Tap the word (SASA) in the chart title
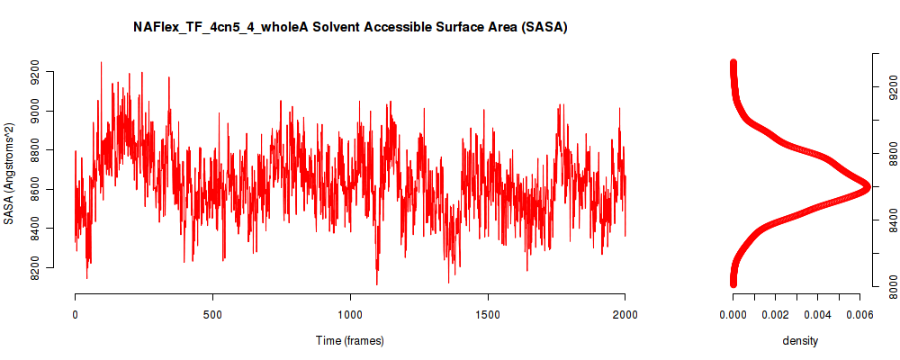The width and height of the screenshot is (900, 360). click(x=547, y=27)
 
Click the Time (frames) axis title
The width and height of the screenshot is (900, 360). click(x=349, y=340)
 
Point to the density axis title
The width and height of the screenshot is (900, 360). click(x=800, y=340)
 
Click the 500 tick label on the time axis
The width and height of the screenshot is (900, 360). click(x=212, y=314)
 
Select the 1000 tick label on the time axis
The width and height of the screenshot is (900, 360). click(x=350, y=314)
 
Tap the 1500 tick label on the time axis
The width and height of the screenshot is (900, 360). click(x=488, y=314)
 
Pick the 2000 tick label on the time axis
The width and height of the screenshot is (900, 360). click(x=625, y=314)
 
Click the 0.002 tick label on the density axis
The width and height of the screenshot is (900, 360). click(x=776, y=314)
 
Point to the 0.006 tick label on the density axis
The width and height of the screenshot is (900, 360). click(x=859, y=314)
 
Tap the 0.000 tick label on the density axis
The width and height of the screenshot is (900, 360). click(x=733, y=314)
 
